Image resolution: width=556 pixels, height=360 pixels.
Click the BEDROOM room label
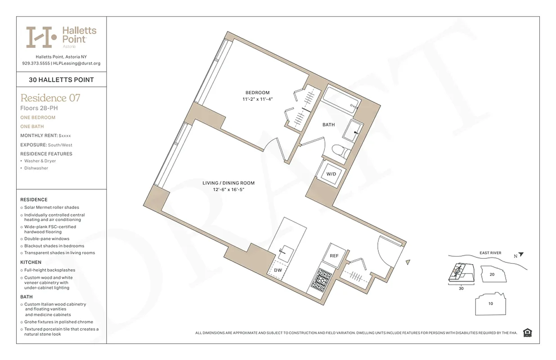pos(257,93)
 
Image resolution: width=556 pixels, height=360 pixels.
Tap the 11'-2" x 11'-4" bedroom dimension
pos(257,99)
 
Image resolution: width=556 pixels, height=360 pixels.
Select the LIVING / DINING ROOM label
pos(228,183)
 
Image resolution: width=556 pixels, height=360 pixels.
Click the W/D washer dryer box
pos(331,174)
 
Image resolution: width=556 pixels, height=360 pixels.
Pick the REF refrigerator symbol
pos(334,256)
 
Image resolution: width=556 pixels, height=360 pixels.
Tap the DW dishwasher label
pos(278,270)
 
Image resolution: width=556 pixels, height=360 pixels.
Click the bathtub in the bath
pos(342,100)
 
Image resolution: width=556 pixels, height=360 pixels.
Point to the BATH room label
pos(328,125)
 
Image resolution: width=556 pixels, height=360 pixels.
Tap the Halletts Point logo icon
pos(41,37)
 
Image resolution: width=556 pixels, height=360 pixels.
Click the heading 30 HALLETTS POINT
pos(61,80)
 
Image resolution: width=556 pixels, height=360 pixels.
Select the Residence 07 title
pos(50,98)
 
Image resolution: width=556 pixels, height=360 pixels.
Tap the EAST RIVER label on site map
pos(490,253)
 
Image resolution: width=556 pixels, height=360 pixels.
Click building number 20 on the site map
pos(492,274)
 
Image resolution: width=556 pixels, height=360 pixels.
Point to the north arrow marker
pos(520,255)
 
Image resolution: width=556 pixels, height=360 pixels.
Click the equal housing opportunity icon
pos(528,333)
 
